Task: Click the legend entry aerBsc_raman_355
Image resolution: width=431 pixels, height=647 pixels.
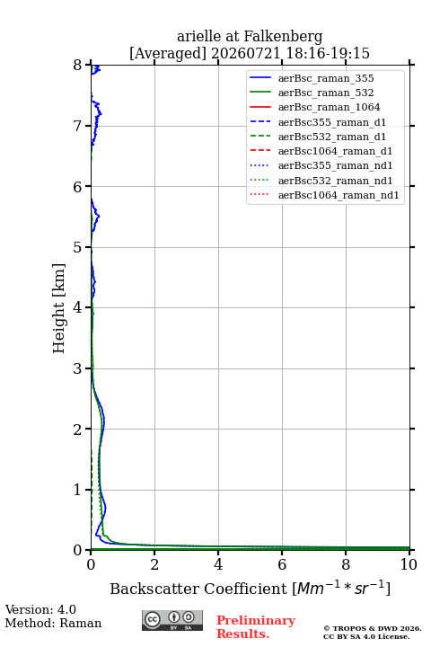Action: coord(326,78)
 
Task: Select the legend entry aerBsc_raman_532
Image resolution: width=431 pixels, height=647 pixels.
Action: coord(326,93)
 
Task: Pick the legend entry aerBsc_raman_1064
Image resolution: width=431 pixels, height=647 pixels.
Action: coord(330,107)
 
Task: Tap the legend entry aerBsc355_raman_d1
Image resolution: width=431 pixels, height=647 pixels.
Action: coord(332,122)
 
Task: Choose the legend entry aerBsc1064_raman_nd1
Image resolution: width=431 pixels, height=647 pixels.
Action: coord(339,195)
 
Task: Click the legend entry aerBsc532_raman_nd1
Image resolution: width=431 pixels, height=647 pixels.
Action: coord(335,181)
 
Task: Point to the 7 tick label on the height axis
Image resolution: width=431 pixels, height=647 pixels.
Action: coord(77,126)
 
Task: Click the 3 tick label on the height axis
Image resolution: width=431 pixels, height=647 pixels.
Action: coord(77,368)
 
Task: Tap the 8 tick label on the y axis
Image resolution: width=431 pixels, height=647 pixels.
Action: coord(77,66)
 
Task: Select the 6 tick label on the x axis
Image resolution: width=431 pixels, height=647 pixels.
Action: coord(282,564)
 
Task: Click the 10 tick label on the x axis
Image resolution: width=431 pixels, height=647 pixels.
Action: coord(409,564)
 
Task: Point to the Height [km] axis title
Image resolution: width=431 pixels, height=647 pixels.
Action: coord(58,308)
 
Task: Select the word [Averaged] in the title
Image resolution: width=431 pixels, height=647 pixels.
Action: coord(168,54)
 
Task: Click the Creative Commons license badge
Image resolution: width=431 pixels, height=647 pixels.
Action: coord(172,620)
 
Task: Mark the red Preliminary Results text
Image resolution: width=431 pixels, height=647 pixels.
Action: coord(256,627)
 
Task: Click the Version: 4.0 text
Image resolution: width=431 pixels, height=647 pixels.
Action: coord(40,609)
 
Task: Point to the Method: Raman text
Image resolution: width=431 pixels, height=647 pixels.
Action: coord(53,623)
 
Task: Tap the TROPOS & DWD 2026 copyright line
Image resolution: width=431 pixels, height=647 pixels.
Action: coord(373,628)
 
